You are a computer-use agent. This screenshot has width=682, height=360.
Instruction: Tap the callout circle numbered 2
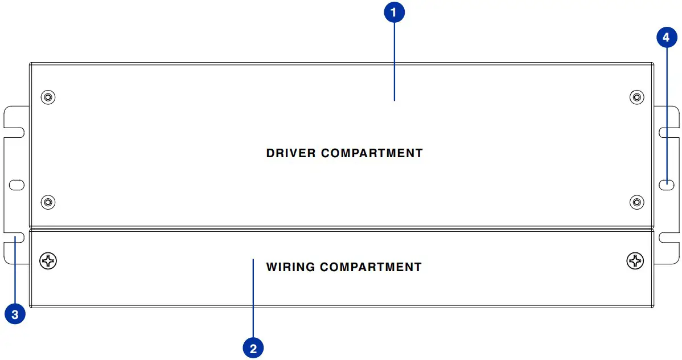click(253, 347)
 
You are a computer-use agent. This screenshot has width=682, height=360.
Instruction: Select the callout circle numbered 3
click(15, 313)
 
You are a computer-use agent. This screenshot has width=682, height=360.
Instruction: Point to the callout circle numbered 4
click(667, 38)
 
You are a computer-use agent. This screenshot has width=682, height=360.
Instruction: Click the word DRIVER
click(291, 153)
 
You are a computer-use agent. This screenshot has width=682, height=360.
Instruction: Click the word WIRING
click(290, 267)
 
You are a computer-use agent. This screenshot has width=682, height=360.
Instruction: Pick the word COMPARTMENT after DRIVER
click(372, 153)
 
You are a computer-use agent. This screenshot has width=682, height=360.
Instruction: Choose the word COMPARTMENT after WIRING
click(371, 267)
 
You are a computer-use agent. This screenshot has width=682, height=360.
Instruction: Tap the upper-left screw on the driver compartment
click(48, 97)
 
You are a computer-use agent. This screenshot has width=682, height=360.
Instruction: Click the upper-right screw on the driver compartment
click(637, 97)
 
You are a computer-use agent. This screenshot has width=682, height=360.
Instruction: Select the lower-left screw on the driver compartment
click(48, 202)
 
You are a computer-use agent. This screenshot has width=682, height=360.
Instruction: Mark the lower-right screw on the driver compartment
click(637, 202)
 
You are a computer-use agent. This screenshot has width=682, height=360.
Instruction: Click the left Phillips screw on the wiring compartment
click(48, 261)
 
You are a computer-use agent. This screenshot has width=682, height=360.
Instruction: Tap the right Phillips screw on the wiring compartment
click(635, 261)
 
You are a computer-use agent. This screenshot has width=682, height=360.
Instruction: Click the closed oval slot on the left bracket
click(17, 185)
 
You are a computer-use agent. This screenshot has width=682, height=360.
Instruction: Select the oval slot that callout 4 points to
click(667, 184)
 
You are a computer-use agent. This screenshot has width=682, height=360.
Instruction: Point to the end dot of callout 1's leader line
click(394, 100)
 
